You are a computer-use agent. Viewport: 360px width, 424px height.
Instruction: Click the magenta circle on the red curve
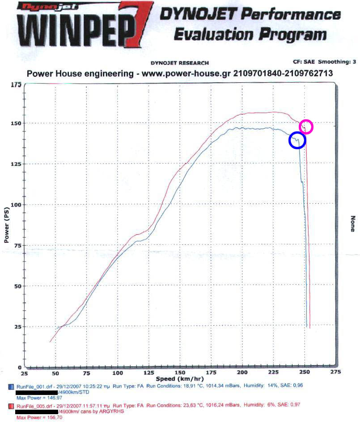tap(306, 127)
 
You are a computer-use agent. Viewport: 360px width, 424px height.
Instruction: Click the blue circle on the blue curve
tap(297, 140)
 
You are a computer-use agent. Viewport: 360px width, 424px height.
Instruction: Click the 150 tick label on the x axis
tap(180, 373)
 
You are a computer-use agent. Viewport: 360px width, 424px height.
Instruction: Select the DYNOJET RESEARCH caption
tap(179, 63)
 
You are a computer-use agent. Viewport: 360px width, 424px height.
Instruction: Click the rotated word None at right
tap(352, 223)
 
